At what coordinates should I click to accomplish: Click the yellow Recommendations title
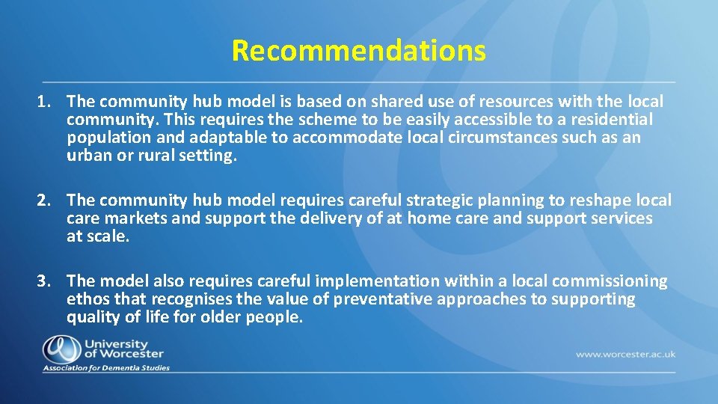pos(358,51)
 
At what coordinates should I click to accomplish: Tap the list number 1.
pos(44,101)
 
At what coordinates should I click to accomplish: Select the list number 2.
pos(44,201)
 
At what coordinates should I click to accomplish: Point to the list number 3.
pos(44,281)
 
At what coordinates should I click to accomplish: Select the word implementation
pos(378,281)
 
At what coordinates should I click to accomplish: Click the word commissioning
pos(610,281)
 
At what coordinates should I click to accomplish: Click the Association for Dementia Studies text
pos(106,368)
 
